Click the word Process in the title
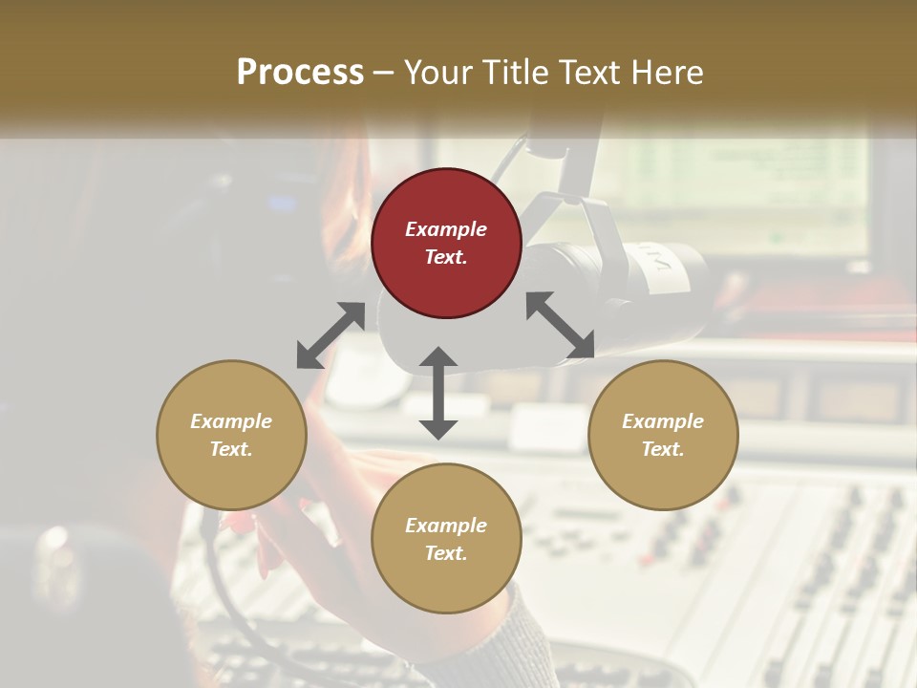point(300,73)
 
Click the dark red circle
point(446,243)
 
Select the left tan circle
point(231,435)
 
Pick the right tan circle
point(663,435)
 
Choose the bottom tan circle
point(446,538)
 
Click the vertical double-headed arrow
point(438,393)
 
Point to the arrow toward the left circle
point(330,335)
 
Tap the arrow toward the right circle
point(560,326)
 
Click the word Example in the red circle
point(446,229)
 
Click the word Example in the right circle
point(663,421)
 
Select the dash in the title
point(383,73)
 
